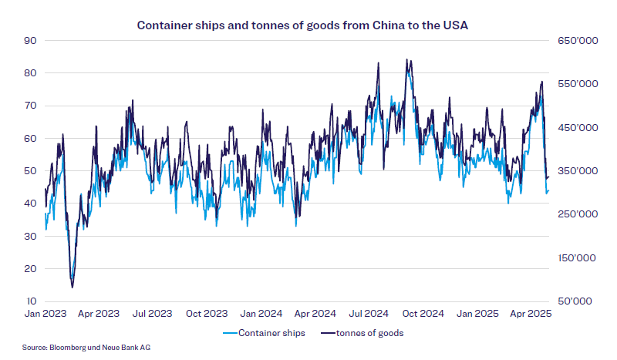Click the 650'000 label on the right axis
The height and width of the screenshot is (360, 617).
[x=574, y=40]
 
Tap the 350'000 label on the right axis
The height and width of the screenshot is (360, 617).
[x=574, y=170]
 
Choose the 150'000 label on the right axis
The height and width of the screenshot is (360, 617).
[x=574, y=258]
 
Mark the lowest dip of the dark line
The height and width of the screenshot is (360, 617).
[x=72, y=288]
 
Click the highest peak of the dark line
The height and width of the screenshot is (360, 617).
[x=407, y=59]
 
